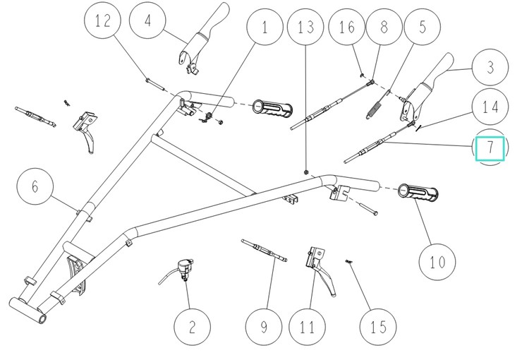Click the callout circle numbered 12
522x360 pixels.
pyautogui.click(x=102, y=22)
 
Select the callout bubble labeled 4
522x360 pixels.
pyautogui.click(x=147, y=22)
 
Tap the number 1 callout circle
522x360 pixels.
pyautogui.click(x=265, y=29)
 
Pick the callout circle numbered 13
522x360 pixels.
pyautogui.click(x=305, y=29)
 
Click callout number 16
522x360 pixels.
pyautogui.click(x=346, y=29)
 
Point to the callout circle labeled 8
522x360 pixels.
pyautogui.click(x=384, y=29)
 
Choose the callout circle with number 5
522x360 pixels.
pyautogui.click(x=422, y=29)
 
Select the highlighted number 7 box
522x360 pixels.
pyautogui.click(x=489, y=148)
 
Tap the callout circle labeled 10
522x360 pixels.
pyautogui.click(x=437, y=262)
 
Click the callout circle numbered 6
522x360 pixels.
pyautogui.click(x=35, y=186)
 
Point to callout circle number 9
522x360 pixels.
pyautogui.click(x=264, y=327)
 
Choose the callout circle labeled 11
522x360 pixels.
pyautogui.click(x=306, y=327)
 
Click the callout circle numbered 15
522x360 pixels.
pyautogui.click(x=377, y=327)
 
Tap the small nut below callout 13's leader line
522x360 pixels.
pyautogui.click(x=305, y=172)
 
